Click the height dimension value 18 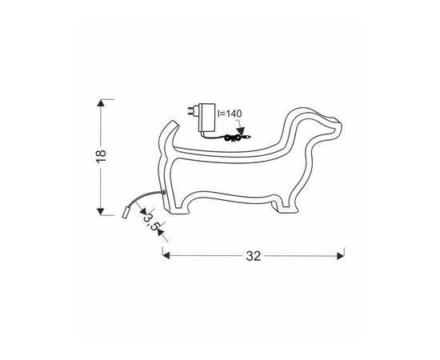point(101,157)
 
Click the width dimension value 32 point(254,256)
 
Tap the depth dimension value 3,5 point(150,222)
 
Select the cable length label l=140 point(230,114)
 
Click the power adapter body point(207,118)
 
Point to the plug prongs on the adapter point(193,111)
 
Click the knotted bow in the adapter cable point(233,138)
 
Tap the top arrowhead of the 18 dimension point(101,102)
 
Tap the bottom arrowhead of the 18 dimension point(101,211)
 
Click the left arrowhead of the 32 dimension point(166,256)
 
